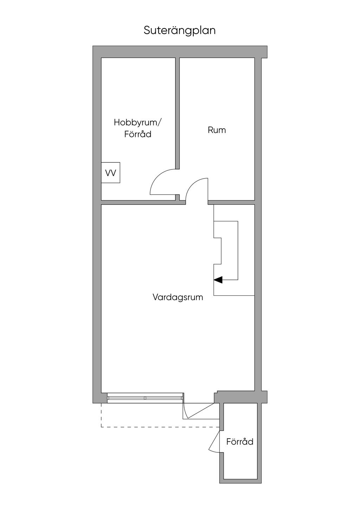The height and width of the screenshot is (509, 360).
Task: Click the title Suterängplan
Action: (180, 31)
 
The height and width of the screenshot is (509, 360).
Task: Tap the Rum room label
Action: (217, 130)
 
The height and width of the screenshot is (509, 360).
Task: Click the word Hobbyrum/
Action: (137, 122)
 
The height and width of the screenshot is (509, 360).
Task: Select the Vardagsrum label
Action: (178, 297)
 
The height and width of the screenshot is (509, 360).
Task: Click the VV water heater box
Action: (111, 173)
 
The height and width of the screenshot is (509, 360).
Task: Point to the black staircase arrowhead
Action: (218, 280)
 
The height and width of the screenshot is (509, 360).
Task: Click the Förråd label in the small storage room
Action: (240, 442)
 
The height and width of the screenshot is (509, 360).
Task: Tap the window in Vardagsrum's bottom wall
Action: (145, 398)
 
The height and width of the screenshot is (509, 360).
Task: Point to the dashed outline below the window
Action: (158, 427)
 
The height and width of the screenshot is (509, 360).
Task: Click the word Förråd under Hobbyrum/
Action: (137, 134)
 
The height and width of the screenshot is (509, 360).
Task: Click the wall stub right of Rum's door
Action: (231, 202)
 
